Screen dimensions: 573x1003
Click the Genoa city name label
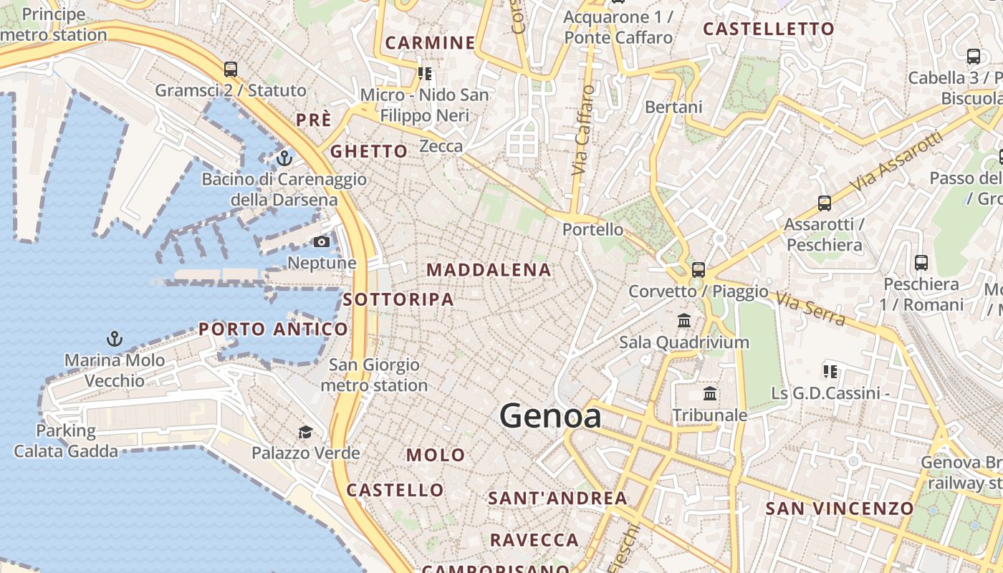[x=550, y=416]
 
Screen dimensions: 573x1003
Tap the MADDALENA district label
[x=489, y=270]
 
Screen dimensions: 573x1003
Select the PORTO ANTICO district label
[x=273, y=329]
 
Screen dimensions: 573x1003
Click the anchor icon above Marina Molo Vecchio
[x=114, y=338]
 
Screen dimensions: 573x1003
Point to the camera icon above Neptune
[x=322, y=242]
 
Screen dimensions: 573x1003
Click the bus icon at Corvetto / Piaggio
[x=698, y=270]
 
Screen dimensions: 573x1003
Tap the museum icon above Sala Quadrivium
[x=684, y=321]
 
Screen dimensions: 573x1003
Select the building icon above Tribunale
[x=710, y=393]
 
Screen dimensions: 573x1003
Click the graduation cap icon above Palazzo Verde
[x=306, y=432]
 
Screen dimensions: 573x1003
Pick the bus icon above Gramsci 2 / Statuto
[x=230, y=69]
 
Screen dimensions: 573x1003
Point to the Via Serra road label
[x=810, y=308]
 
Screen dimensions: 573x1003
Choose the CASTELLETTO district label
[x=769, y=29]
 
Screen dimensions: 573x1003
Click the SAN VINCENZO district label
[x=840, y=509]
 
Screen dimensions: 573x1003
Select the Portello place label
[x=592, y=230]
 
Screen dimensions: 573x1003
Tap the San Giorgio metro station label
[x=374, y=375]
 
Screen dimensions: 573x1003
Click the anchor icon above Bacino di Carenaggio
[x=284, y=158]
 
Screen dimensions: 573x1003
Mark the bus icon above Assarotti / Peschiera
[x=824, y=203]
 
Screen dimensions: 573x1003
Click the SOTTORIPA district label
[x=398, y=299]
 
